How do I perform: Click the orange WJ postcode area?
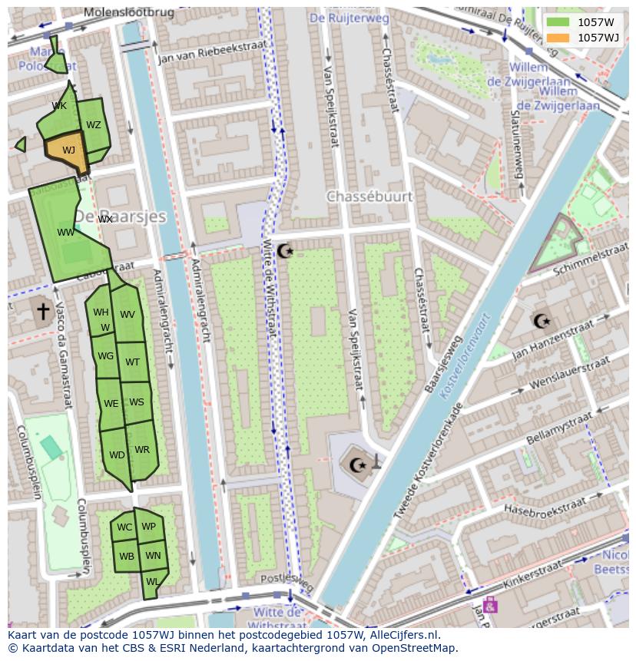tap(68, 150)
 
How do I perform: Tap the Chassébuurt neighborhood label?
tap(369, 197)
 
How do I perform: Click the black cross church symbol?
tap(43, 311)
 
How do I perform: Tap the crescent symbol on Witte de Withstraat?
tap(285, 250)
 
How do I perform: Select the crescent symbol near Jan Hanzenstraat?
tap(542, 321)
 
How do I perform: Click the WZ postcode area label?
tap(94, 125)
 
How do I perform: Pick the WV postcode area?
tap(128, 315)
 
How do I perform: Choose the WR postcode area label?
tap(142, 450)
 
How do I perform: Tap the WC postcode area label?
tap(124, 527)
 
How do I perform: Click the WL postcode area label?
tap(152, 582)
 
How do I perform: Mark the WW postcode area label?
tap(65, 232)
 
